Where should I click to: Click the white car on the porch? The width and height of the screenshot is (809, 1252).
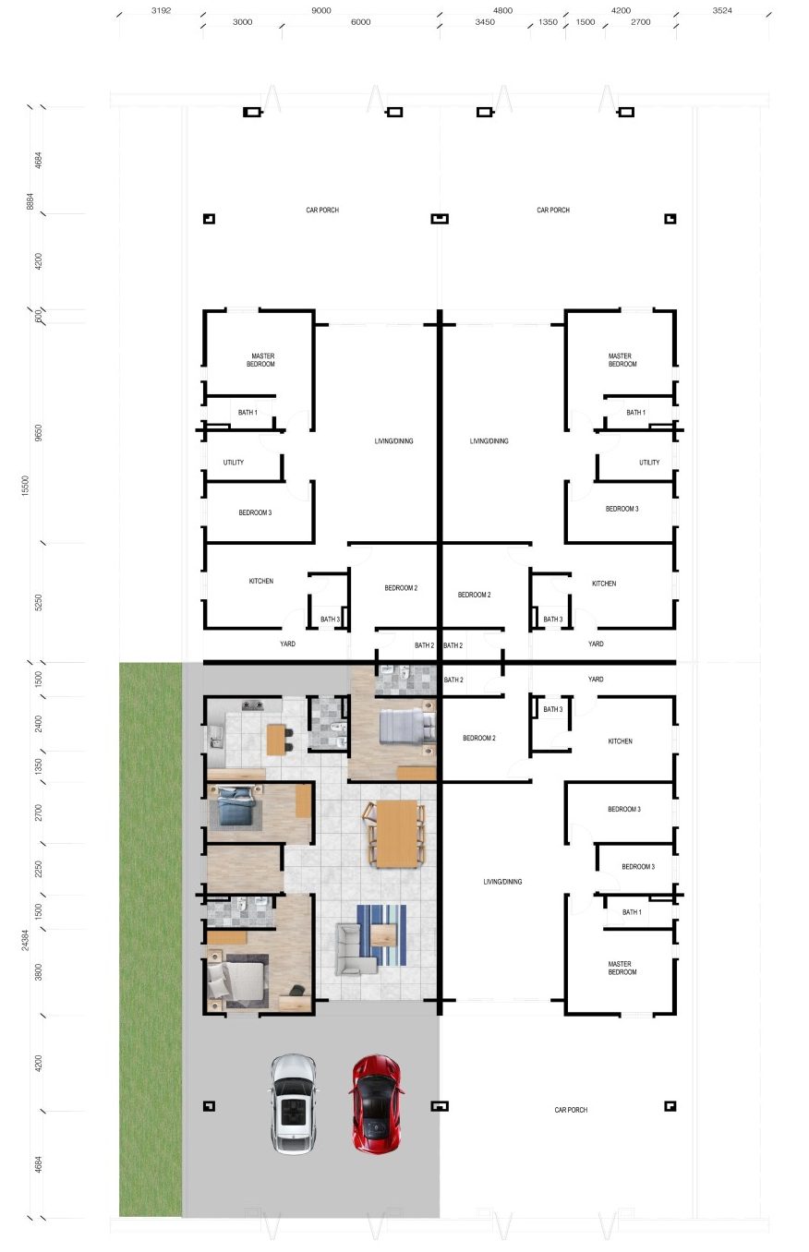[x=294, y=1104]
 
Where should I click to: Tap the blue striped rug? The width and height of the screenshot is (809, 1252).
[x=381, y=935]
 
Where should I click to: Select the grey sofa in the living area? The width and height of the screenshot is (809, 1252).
[x=355, y=951]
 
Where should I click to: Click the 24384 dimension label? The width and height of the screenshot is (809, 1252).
[x=25, y=940]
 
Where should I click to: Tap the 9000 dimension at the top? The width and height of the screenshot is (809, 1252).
[x=320, y=10]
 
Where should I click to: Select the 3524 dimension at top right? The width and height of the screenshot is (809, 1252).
[x=722, y=10]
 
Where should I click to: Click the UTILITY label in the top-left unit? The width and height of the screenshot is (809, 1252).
[x=233, y=463]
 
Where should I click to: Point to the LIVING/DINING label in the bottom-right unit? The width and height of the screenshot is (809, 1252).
[x=502, y=882]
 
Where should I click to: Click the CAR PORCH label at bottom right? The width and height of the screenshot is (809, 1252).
[x=571, y=1110]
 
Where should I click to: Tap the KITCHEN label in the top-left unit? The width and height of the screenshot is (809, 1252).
[x=261, y=581]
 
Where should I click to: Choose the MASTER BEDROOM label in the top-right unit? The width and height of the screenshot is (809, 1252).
[x=622, y=359]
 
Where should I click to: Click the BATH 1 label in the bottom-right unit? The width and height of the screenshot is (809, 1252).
[x=632, y=911]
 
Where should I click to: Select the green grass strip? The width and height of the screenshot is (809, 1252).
[x=151, y=939]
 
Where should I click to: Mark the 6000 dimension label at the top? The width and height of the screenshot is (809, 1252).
[x=360, y=22]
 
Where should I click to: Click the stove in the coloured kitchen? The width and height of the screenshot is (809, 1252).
[x=253, y=704]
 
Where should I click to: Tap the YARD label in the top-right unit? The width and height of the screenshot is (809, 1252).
[x=596, y=644]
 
